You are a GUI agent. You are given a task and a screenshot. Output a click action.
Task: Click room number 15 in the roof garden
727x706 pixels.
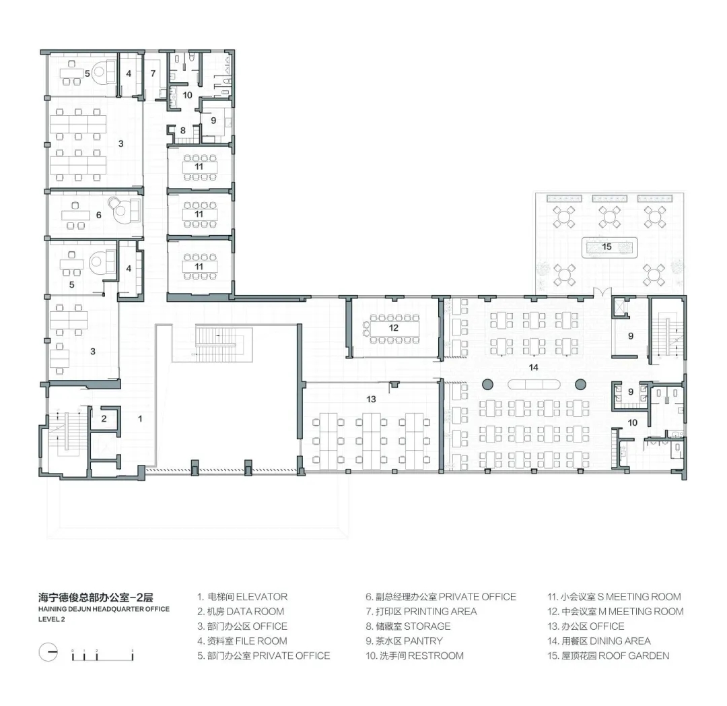coord(607,247)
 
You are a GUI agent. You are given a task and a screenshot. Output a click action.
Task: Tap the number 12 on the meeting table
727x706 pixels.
coord(394,328)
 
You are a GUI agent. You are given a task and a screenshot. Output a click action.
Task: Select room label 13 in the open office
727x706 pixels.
coord(371,399)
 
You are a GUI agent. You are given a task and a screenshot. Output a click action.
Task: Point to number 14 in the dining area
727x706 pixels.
coord(534,367)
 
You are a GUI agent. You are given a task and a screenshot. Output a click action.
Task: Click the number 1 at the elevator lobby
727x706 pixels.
coord(140,419)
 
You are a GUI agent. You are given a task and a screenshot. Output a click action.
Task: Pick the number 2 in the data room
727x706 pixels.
coord(104,419)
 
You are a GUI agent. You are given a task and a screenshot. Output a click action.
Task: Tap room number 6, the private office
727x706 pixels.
coord(98,215)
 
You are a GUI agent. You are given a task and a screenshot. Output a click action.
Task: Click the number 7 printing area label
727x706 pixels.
coord(153,73)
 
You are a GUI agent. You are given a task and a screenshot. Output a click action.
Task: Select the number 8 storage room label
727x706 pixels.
coord(182,131)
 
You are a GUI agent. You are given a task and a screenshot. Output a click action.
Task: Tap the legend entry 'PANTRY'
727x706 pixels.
coord(423,641)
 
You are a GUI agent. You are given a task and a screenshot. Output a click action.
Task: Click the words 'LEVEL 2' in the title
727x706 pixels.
coord(51,619)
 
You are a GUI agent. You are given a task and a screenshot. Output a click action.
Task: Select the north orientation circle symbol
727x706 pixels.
coord(48,652)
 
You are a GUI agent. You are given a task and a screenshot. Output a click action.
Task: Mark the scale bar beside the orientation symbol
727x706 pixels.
coord(102,655)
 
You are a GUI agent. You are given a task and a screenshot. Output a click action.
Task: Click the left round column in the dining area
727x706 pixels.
coord(487,384)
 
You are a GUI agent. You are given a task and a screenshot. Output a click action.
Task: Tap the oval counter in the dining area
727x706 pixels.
coord(534,384)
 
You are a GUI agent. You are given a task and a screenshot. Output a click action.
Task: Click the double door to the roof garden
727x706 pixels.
coord(602,292)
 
